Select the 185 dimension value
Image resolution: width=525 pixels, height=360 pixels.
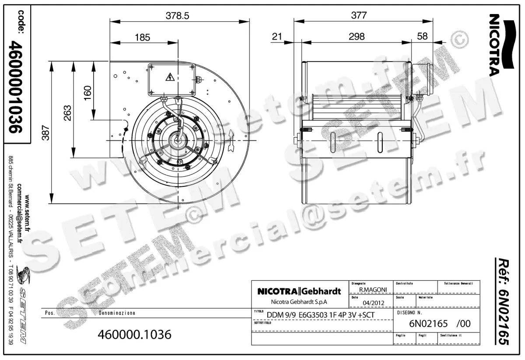142,38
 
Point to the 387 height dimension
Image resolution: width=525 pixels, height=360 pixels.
46,133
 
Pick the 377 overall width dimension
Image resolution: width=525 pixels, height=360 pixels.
359,15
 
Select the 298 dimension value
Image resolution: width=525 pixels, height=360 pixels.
357,37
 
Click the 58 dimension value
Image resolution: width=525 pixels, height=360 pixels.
422,37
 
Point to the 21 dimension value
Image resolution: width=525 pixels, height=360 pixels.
276,37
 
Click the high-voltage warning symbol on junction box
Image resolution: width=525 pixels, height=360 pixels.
169,78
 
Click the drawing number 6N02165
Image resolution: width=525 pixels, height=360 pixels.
428,324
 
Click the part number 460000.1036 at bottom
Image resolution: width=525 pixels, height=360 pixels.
135,335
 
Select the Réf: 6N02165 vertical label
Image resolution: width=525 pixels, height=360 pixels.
504,302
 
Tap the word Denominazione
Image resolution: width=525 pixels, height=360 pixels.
117,314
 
